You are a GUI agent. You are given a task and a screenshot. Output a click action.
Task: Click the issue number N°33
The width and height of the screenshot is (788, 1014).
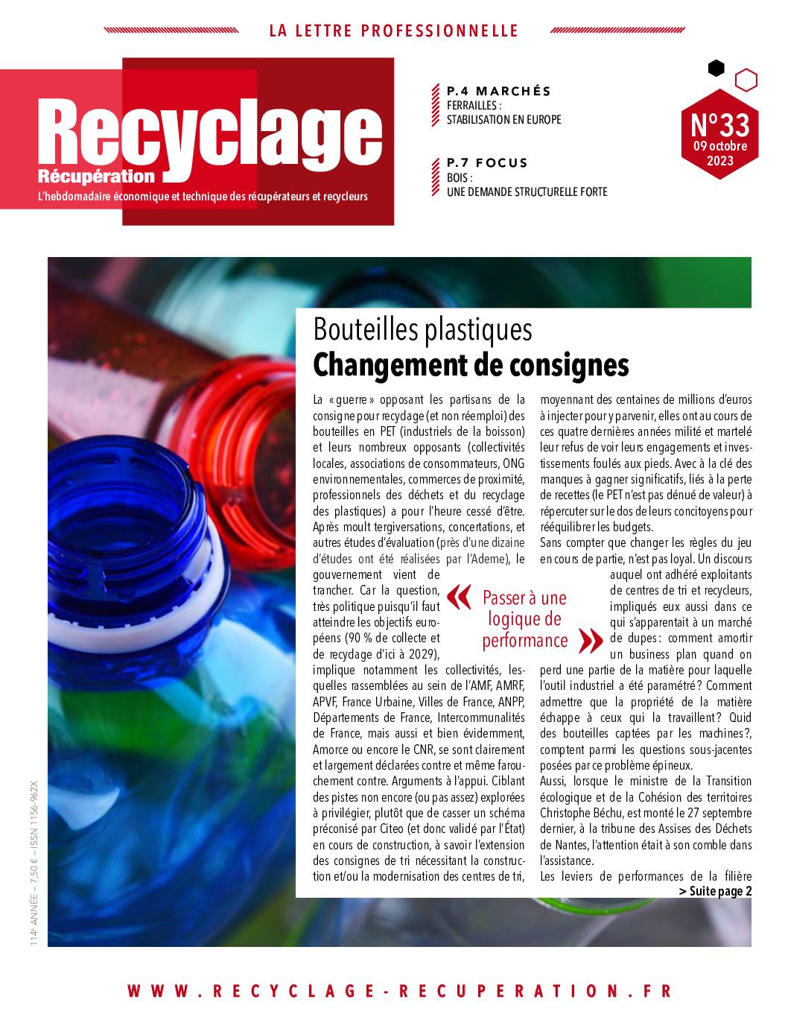pyautogui.click(x=719, y=123)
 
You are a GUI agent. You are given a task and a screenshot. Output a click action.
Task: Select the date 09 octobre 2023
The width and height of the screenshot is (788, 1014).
pyautogui.click(x=719, y=153)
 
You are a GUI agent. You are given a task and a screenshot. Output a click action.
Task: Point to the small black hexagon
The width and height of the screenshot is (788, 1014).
pyautogui.click(x=716, y=69)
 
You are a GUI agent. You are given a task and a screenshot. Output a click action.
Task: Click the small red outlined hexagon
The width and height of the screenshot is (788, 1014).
pyautogui.click(x=746, y=80)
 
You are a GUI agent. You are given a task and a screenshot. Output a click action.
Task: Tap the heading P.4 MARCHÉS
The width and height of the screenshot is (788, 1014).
pyautogui.click(x=498, y=91)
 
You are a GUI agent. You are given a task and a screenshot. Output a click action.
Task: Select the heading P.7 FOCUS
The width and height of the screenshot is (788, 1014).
pyautogui.click(x=487, y=162)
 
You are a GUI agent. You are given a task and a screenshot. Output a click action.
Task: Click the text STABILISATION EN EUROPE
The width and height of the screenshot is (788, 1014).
pyautogui.click(x=503, y=119)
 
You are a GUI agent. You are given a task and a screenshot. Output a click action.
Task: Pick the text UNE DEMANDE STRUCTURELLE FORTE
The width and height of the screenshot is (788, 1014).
pyautogui.click(x=527, y=191)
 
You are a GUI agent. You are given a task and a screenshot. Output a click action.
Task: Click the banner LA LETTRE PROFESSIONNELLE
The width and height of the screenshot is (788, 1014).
pyautogui.click(x=393, y=31)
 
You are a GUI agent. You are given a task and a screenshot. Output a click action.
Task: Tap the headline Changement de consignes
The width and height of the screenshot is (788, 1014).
pyautogui.click(x=471, y=365)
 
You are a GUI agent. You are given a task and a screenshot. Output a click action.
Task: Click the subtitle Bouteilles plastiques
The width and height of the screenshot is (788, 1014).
pyautogui.click(x=422, y=329)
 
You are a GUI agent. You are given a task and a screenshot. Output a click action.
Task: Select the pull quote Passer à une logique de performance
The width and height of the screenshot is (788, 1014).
pyautogui.click(x=524, y=619)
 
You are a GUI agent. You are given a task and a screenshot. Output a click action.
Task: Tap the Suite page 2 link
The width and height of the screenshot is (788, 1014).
pyautogui.click(x=715, y=891)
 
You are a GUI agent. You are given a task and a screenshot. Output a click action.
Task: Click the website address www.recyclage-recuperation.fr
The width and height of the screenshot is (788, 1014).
pyautogui.click(x=400, y=991)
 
